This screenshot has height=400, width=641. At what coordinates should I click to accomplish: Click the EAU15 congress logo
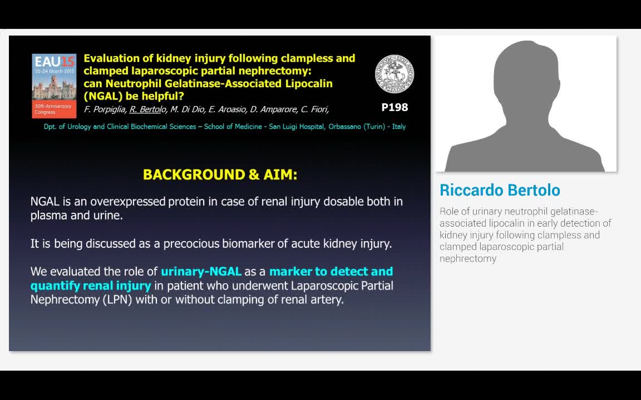[x=54, y=86]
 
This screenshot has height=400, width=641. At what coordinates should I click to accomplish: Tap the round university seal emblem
[x=395, y=74]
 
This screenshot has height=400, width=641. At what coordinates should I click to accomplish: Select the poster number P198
[x=395, y=107]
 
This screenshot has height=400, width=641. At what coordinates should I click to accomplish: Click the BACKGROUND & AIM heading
[x=220, y=174]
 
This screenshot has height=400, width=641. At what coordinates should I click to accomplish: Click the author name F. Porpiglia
[x=105, y=109]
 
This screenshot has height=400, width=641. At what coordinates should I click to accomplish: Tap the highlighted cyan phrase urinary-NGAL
[x=201, y=272]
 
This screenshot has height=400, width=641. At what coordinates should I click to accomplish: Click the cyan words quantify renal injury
[x=91, y=286]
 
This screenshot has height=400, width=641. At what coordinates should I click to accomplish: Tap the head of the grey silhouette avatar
[x=526, y=72]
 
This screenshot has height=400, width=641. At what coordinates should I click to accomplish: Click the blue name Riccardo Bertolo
[x=500, y=190]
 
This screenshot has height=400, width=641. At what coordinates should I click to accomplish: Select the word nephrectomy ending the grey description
[x=467, y=258]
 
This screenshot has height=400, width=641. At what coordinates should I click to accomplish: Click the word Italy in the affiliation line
[x=398, y=127]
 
